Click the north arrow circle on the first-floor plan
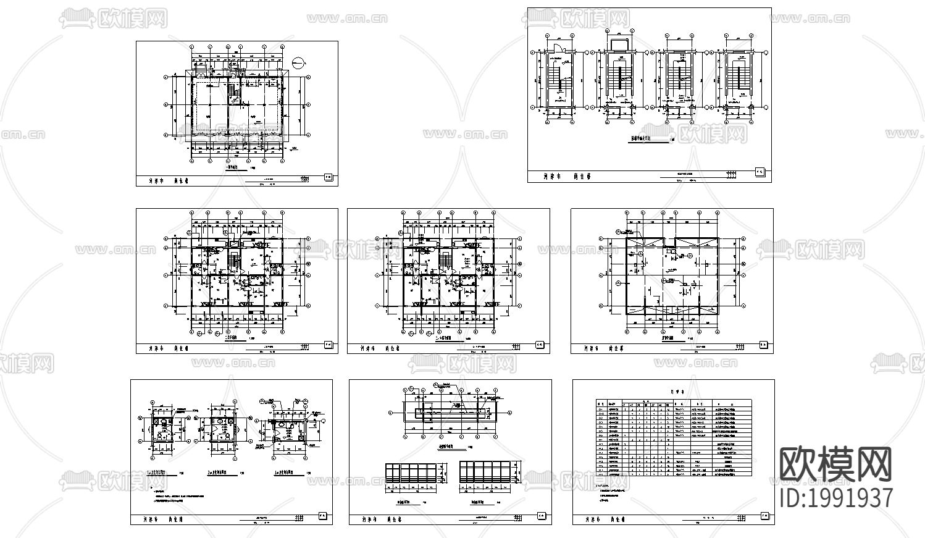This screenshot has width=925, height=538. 298,62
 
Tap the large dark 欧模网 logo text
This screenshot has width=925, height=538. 836,464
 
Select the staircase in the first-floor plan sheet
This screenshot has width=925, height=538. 233,92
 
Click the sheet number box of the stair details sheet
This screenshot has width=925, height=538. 761,172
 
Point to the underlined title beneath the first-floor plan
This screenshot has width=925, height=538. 235,167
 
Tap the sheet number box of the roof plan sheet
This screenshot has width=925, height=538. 763,345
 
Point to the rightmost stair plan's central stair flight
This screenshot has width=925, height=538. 737,77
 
